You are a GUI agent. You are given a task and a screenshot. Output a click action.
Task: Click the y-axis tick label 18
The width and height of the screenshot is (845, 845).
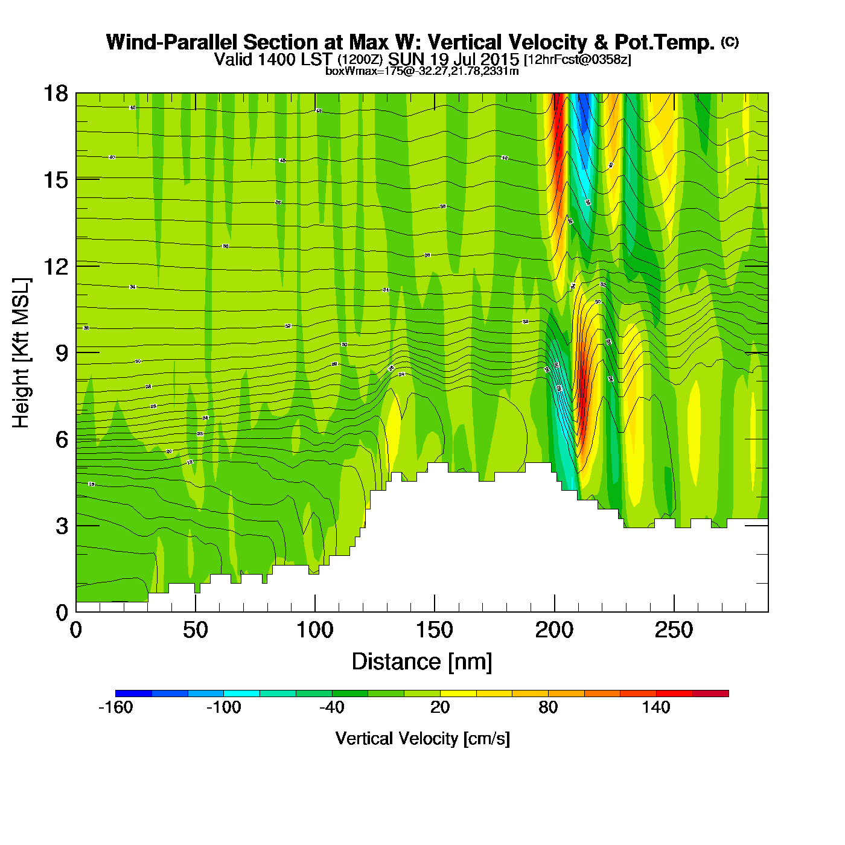(x=56, y=94)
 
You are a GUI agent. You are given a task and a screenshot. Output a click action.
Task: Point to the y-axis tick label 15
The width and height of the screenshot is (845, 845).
(x=56, y=180)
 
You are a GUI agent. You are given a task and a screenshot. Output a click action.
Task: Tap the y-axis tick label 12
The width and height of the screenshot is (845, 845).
(x=56, y=266)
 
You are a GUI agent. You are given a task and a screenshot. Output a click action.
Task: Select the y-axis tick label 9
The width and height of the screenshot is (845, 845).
(x=62, y=353)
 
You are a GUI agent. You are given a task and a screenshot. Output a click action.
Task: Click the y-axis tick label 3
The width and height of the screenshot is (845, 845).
(x=62, y=526)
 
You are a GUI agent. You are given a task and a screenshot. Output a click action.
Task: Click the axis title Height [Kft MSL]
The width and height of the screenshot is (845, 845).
(x=21, y=353)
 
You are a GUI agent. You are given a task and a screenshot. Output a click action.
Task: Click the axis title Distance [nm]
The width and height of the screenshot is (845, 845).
(x=422, y=662)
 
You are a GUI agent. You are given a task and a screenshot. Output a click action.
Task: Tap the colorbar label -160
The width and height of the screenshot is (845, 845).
(x=115, y=707)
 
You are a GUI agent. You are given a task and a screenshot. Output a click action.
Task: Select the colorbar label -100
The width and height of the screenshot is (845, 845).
(x=224, y=707)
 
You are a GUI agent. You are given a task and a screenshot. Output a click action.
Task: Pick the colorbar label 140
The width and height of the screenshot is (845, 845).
(x=656, y=707)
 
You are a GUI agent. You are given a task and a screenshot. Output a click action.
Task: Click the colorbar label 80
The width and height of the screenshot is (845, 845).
(x=548, y=707)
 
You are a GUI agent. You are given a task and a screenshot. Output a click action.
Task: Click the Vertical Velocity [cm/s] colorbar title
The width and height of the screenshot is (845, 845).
(x=422, y=739)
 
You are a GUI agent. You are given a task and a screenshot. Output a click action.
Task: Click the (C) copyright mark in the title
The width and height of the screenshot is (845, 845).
(x=730, y=42)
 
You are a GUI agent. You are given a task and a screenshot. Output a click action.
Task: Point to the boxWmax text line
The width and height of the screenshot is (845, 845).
(x=422, y=71)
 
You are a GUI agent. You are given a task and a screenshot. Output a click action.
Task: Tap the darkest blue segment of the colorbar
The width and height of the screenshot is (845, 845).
(x=133, y=694)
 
